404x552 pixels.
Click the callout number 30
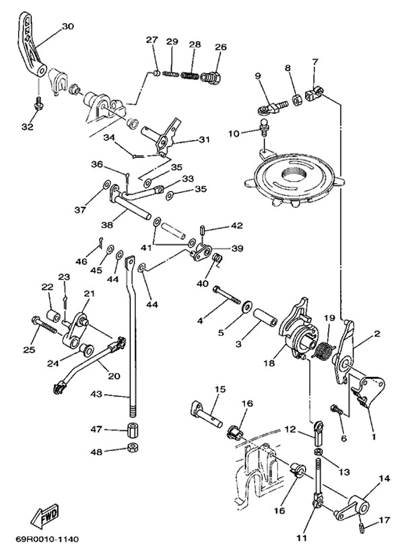tap(67, 26)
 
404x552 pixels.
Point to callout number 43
tap(96, 395)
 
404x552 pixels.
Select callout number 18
tap(269, 363)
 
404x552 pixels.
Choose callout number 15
tap(220, 389)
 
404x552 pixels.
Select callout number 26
tap(221, 46)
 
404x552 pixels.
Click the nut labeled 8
tap(295, 102)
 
